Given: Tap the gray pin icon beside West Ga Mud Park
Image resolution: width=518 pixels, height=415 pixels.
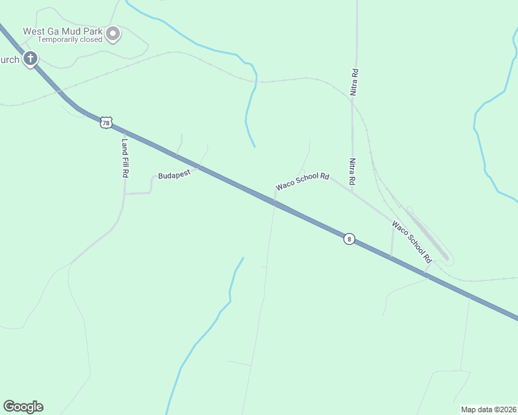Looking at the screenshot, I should coord(112,33).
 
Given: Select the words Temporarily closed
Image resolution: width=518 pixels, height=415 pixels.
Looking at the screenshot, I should coord(70,40).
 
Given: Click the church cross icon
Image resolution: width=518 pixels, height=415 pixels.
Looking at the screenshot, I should coord(30,59).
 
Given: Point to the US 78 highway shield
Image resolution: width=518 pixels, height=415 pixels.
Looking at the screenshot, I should coord(105,122).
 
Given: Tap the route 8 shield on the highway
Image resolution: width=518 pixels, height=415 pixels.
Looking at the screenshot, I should coord(349,239).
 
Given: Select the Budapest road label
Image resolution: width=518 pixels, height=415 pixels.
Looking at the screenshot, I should coord(174,176).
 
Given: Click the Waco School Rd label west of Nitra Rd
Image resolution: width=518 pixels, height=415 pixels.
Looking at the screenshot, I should coord(302,182).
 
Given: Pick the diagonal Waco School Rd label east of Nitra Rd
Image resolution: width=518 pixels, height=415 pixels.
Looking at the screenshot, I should coord(411,241).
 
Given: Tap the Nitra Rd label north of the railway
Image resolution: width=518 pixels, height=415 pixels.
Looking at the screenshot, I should coord(354,82).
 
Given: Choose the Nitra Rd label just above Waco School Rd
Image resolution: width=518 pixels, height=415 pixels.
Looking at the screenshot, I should coord(352,171).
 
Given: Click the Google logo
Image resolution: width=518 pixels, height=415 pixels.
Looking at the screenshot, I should coord(23,407).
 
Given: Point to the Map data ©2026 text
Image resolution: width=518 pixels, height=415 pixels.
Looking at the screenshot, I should coord(488,409).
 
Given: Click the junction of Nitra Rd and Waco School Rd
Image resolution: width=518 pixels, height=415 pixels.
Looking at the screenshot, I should coord(352,192).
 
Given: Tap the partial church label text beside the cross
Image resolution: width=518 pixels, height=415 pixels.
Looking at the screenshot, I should coord(10,59).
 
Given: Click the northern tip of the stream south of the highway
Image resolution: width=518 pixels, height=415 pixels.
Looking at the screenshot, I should coord(243,258).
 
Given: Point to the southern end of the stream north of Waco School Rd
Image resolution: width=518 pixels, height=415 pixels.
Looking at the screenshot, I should coord(255,147).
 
